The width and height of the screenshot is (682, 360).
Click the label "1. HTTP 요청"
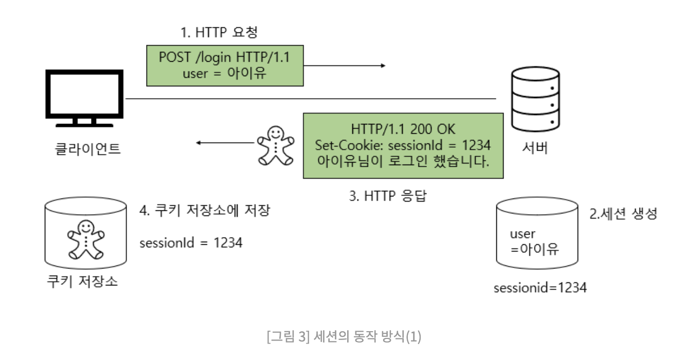[x=219, y=32]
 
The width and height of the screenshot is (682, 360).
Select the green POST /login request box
[x=225, y=66]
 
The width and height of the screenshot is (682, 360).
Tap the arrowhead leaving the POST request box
[x=383, y=65]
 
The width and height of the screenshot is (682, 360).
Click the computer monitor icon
[x=84, y=98]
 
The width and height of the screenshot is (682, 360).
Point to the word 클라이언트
[x=87, y=149]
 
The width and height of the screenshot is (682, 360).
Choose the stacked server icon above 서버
[x=535, y=99]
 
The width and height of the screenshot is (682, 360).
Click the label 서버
[x=535, y=148]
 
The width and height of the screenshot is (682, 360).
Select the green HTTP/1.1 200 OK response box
[x=403, y=146]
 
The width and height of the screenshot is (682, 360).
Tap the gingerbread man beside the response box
[x=276, y=146]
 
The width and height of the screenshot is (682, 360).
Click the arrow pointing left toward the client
[x=225, y=142]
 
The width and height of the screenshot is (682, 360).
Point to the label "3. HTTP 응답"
[x=388, y=195]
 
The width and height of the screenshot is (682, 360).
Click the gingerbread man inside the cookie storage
[x=86, y=240]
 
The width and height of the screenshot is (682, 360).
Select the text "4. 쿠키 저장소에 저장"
[x=205, y=210]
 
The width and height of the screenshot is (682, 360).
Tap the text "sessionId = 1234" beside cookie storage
[x=191, y=243]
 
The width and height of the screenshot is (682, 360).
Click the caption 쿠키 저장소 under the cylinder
[x=82, y=281]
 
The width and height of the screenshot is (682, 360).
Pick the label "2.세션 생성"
[x=623, y=213]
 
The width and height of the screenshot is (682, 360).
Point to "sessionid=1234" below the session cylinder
[x=540, y=287]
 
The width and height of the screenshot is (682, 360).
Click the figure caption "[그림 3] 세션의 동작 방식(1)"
[x=344, y=336]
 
